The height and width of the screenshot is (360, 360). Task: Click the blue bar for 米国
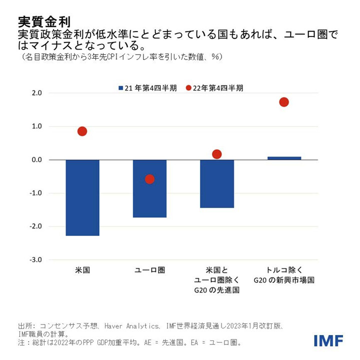point(82,197)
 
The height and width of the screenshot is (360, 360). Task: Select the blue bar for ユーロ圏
point(149,188)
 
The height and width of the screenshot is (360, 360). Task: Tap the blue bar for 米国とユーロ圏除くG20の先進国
point(216,183)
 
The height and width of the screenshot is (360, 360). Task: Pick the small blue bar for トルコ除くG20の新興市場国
point(284,158)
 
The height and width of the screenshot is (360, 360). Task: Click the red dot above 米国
point(82,131)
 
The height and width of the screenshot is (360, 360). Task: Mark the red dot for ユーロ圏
point(149,179)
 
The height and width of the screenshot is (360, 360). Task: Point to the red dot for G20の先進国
point(216,154)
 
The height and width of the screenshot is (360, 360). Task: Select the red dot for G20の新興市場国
point(284,102)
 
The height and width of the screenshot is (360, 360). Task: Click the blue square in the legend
point(120,88)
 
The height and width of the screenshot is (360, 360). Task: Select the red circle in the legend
point(188,88)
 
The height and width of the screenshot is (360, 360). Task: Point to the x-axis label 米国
point(82,270)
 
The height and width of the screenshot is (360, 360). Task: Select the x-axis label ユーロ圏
point(149,270)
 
